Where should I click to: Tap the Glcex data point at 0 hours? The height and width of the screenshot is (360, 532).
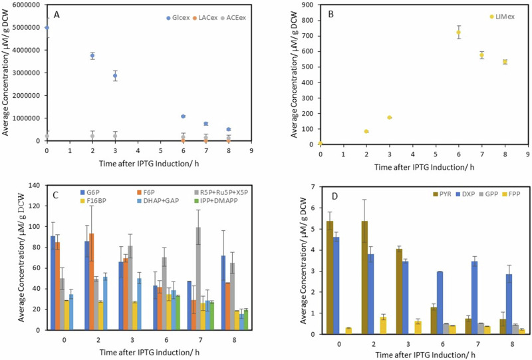pos(47,28)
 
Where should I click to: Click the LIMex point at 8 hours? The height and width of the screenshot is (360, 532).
pos(505,62)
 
